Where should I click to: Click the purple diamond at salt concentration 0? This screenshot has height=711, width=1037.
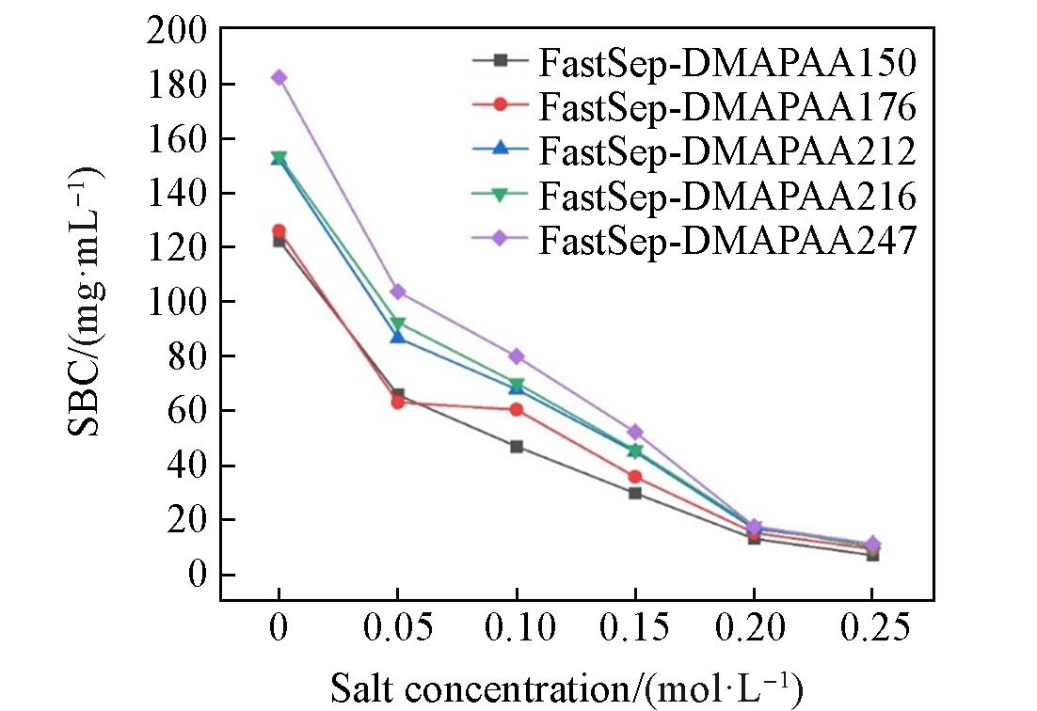pos(279,77)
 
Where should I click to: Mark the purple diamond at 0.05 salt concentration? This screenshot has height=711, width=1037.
pos(397,292)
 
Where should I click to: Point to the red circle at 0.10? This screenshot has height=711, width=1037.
pos(517,409)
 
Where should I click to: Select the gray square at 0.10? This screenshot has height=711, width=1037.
pos(517,446)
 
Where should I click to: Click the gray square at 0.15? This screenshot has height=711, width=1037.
pos(635,493)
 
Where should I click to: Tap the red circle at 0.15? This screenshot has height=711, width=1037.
pos(635,477)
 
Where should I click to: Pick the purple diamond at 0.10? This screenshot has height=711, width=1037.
pos(517,356)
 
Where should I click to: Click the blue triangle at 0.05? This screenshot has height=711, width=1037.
pos(397,336)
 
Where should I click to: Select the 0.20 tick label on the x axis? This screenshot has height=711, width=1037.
pos(754,627)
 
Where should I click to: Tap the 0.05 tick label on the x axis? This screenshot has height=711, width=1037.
pos(397,627)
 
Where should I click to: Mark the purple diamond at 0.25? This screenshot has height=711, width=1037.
pos(872,544)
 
